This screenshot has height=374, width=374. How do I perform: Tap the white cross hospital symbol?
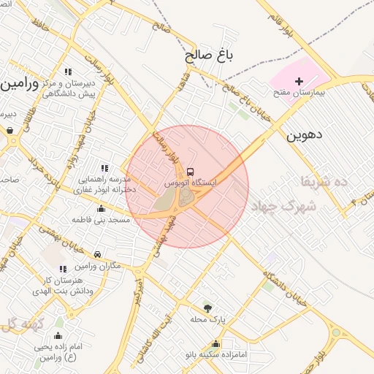[299, 81]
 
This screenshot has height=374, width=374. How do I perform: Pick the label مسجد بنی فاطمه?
[100, 219]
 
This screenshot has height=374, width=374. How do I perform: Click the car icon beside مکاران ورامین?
[99, 255]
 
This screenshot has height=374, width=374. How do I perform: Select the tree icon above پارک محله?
[208, 308]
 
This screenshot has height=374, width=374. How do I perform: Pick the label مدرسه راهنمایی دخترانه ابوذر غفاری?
[102, 184]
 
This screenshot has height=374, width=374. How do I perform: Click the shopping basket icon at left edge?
[10, 131]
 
